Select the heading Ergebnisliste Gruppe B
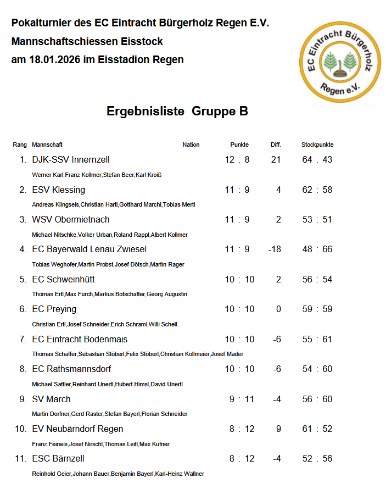(177, 112)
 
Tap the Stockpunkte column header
(317, 145)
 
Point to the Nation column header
(191, 145)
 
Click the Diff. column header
(276, 145)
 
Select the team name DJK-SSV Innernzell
(71, 160)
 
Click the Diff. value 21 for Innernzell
(276, 160)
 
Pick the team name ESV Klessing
(59, 190)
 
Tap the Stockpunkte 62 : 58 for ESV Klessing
(317, 190)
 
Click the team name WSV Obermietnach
(71, 220)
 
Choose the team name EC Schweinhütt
(64, 280)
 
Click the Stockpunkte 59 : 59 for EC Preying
(317, 309)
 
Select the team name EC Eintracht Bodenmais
(80, 340)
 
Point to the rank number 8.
(23, 369)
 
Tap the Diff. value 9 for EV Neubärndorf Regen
(279, 429)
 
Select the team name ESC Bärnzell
(58, 459)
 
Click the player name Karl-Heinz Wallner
(180, 474)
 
